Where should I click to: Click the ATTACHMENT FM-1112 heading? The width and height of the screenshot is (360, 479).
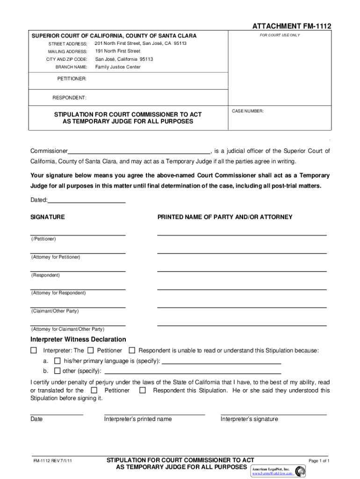pos(292,27)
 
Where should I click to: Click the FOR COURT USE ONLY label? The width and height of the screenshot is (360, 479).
pos(280,36)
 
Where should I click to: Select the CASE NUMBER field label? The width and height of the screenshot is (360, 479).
pos(248,111)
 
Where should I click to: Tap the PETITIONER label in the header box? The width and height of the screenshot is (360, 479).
pos(71,79)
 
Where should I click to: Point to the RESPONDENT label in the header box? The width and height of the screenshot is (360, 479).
pos(69,98)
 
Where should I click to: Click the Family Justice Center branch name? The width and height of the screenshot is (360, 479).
pos(118,67)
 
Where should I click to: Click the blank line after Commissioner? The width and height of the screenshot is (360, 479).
pos(139,151)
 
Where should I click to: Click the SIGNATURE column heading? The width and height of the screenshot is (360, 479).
pos(48,217)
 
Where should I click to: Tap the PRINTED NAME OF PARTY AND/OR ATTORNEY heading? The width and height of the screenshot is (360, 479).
pos(224,217)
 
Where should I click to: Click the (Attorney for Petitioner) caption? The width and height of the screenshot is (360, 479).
pos(56,257)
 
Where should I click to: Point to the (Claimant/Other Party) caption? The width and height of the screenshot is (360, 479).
pos(55,311)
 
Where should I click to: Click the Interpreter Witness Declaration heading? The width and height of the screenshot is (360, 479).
pos(78,340)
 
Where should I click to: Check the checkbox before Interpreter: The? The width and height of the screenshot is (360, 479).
pos(34,350)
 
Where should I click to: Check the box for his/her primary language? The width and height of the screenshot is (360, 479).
pos(58,361)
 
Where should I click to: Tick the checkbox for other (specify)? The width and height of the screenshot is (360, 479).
pos(58,371)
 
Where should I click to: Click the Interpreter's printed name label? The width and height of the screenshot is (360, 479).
pos(137,419)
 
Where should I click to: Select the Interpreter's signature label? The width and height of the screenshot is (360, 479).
pos(249,419)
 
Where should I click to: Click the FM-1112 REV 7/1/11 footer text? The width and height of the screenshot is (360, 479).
pos(52,461)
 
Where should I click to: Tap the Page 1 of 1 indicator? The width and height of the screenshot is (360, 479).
pos(319,461)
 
